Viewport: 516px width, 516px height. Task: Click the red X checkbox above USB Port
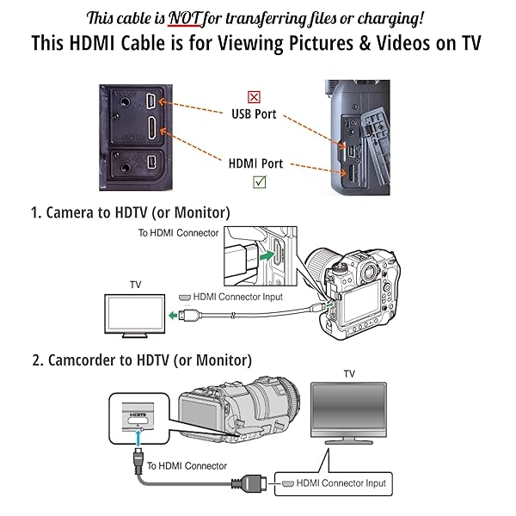pyautogui.click(x=254, y=97)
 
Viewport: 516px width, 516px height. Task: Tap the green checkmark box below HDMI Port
pyautogui.click(x=259, y=181)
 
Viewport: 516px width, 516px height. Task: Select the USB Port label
pyautogui.click(x=254, y=114)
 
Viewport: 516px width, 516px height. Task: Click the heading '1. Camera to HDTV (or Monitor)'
pyautogui.click(x=131, y=212)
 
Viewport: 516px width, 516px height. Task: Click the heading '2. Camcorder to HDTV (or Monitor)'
pyautogui.click(x=142, y=359)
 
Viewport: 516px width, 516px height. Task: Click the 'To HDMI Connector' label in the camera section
pyautogui.click(x=179, y=232)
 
